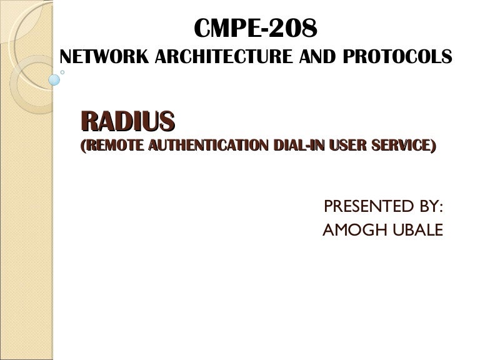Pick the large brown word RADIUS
tap(127, 121)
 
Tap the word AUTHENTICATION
tap(199, 146)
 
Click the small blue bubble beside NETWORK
tap(54, 79)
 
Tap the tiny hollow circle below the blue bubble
tap(62, 71)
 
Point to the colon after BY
tap(441, 207)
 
